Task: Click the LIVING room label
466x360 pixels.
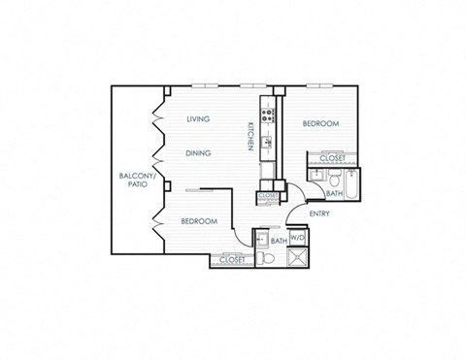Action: click(x=200, y=119)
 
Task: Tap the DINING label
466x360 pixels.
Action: click(x=200, y=152)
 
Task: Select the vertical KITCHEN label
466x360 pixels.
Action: click(x=250, y=135)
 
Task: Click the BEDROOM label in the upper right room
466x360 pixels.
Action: click(x=319, y=124)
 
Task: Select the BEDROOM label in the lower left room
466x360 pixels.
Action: click(x=198, y=221)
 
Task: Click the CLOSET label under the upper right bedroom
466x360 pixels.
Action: click(x=332, y=157)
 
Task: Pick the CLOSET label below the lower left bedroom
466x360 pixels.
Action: click(x=231, y=260)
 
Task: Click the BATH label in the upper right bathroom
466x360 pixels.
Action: click(x=333, y=193)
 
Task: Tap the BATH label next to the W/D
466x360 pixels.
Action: click(x=278, y=240)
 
